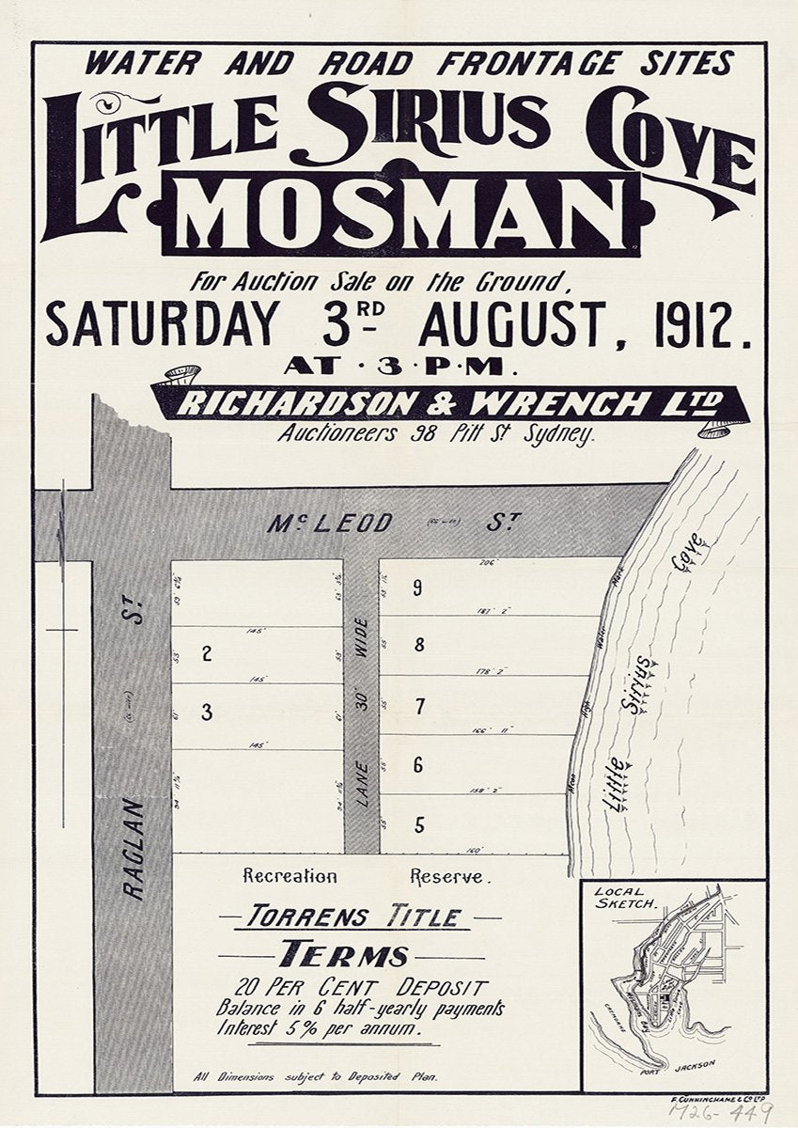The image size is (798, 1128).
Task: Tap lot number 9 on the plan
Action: pyautogui.click(x=417, y=588)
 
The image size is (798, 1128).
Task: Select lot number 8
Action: pyautogui.click(x=419, y=645)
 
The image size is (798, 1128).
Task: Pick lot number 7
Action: pyautogui.click(x=419, y=705)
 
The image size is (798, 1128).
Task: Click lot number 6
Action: pyautogui.click(x=418, y=765)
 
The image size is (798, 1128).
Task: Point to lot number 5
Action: pyautogui.click(x=419, y=825)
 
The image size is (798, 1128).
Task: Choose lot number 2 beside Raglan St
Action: pyautogui.click(x=207, y=654)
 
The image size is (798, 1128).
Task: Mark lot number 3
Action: pyautogui.click(x=207, y=713)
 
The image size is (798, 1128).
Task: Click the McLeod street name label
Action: pyautogui.click(x=329, y=523)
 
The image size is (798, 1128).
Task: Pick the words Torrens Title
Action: pyautogui.click(x=360, y=916)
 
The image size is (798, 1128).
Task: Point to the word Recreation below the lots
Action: pyautogui.click(x=289, y=876)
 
